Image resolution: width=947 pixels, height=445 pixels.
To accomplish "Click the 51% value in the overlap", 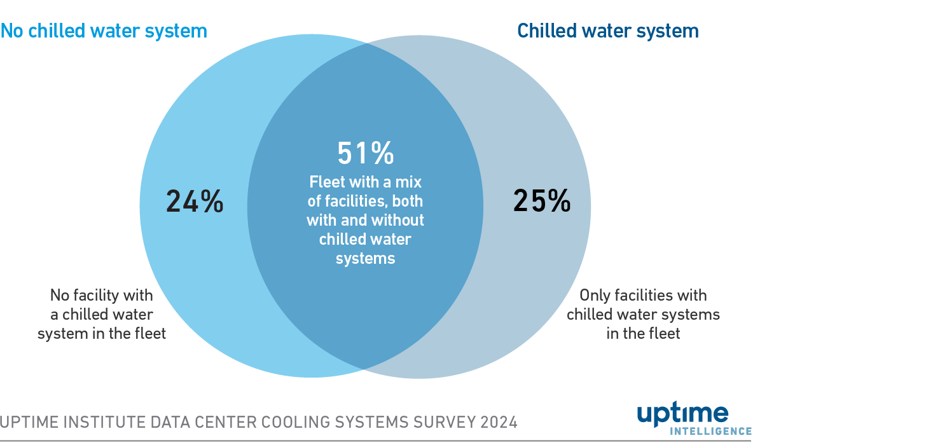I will [365, 153].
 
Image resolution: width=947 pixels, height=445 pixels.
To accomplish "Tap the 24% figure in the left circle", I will [195, 201].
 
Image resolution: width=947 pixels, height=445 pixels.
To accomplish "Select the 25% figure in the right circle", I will [542, 201].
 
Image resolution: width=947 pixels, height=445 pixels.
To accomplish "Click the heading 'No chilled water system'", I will [104, 31].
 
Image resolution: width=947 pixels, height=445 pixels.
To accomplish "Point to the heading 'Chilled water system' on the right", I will [607, 31].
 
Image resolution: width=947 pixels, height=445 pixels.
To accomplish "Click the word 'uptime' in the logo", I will [682, 414].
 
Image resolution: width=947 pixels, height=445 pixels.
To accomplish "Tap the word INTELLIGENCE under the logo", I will [711, 432].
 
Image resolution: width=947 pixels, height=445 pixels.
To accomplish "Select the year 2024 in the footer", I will [499, 422].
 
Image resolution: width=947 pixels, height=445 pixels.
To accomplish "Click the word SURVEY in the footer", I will [444, 422].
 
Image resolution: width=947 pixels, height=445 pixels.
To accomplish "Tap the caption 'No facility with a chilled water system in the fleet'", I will [102, 314].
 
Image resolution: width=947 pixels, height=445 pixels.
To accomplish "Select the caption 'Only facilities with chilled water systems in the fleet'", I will [643, 314].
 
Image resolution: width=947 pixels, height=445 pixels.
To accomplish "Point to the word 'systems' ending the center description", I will [365, 259].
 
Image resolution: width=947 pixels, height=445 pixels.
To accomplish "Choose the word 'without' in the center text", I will [398, 221].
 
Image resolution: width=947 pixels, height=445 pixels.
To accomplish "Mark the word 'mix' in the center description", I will [408, 182].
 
